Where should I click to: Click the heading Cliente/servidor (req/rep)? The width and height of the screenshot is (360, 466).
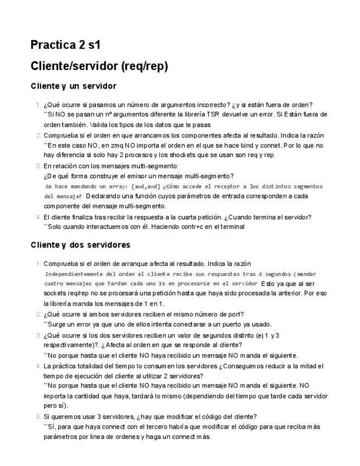[99, 66]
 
